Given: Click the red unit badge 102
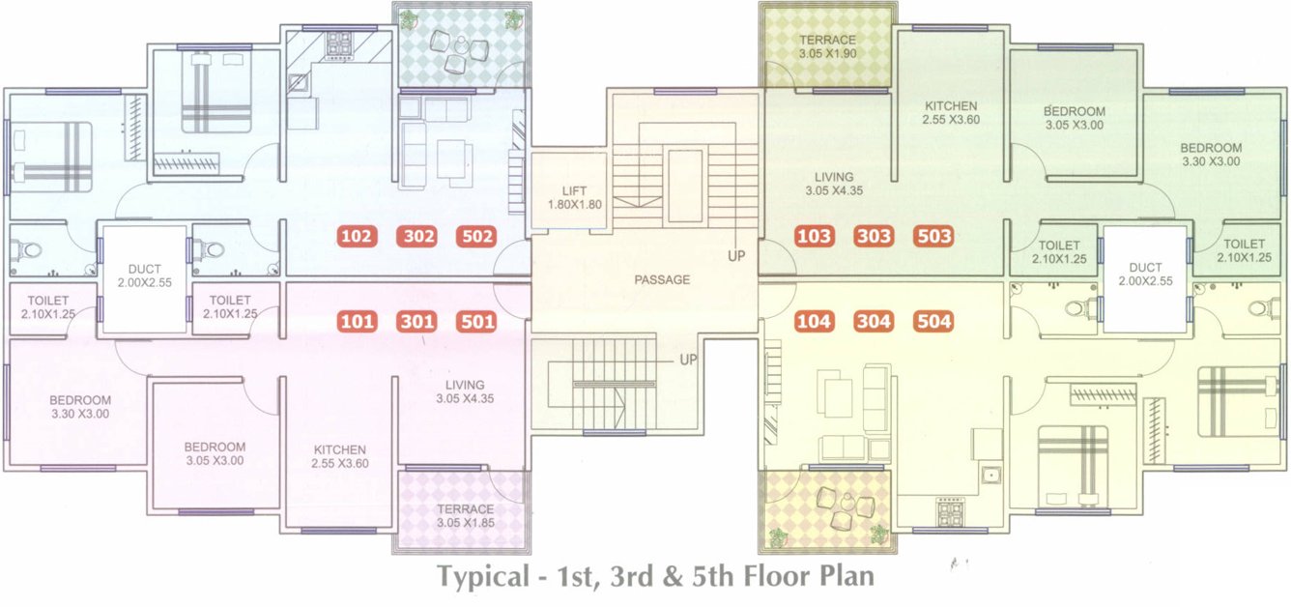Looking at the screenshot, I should pos(357,236).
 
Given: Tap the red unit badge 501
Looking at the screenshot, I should pos(477,322).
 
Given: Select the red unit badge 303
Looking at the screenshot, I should pos(875,236).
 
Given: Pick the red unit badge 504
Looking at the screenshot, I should pos(933,322).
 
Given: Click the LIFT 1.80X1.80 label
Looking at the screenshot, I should pos(567,198).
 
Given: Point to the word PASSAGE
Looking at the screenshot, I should pos(662,280).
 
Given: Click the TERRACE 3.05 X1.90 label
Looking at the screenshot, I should pos(826,46).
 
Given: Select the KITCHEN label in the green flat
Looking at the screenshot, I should pos(951,113).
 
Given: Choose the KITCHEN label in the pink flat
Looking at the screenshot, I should pos(340,456).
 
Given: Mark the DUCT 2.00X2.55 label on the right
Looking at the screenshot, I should pos(1145,275).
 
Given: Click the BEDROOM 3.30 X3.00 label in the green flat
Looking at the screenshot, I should pos(1211,155).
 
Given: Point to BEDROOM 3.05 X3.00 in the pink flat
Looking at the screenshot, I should pos(215,453).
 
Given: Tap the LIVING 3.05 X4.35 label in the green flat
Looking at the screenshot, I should pos(833,184).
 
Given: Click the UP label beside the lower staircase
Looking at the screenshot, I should pos(688,360).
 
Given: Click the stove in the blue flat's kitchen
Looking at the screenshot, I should pos(339,43).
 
